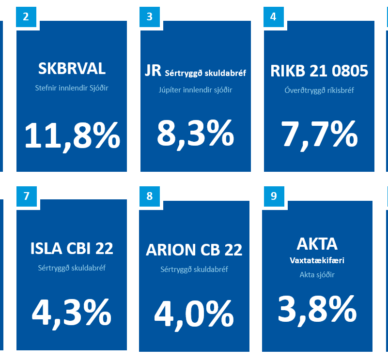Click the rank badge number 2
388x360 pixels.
[x=26, y=16]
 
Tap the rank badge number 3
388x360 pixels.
[x=149, y=16]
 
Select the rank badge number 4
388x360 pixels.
[x=273, y=16]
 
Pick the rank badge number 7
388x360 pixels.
[x=26, y=196]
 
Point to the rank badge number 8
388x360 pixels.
[x=149, y=196]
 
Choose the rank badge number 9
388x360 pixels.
[x=274, y=196]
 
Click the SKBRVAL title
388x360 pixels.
[x=72, y=69]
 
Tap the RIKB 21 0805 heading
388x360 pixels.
[x=319, y=71]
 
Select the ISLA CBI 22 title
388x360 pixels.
[x=72, y=248]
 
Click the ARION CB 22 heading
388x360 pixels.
[x=194, y=250]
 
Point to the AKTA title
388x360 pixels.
[x=317, y=243]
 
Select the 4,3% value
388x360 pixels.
[x=72, y=313]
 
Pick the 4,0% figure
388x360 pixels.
[x=194, y=314]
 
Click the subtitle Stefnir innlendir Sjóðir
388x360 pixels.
[x=72, y=88]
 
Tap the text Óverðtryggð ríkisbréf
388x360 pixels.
[x=319, y=90]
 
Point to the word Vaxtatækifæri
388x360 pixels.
[x=317, y=260]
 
